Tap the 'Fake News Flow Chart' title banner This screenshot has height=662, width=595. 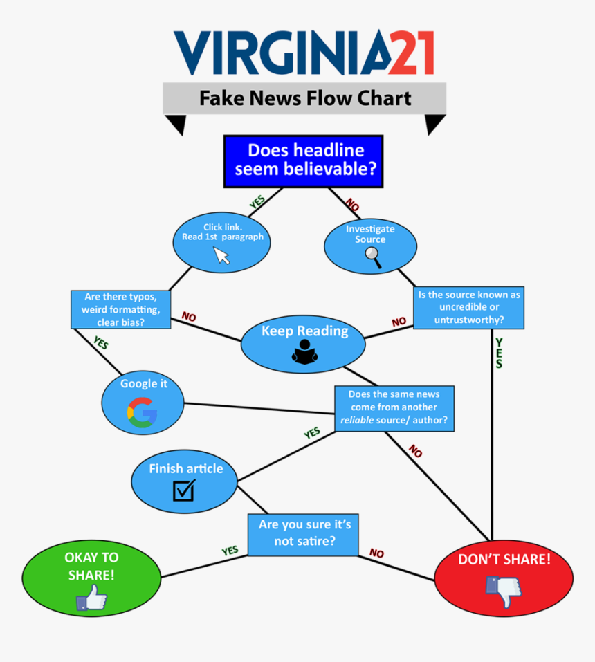(304, 98)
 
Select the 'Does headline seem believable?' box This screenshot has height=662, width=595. (303, 160)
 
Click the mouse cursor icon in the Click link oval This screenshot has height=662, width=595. (222, 255)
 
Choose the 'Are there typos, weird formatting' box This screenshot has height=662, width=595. (120, 309)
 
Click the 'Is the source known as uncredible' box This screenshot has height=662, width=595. (468, 307)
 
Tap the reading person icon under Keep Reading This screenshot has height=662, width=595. (304, 353)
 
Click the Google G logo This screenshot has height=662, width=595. (142, 413)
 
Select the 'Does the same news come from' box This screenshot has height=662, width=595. (394, 408)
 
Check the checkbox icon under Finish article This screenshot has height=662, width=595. (184, 490)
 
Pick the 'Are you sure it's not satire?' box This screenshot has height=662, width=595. (304, 533)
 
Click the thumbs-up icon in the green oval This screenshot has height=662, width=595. (91, 597)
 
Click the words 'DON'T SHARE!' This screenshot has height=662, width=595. (504, 559)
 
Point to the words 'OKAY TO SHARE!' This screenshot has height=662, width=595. (91, 566)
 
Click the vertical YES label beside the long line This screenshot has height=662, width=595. (499, 353)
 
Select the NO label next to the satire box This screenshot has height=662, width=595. (376, 553)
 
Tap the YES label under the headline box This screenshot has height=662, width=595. (257, 201)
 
